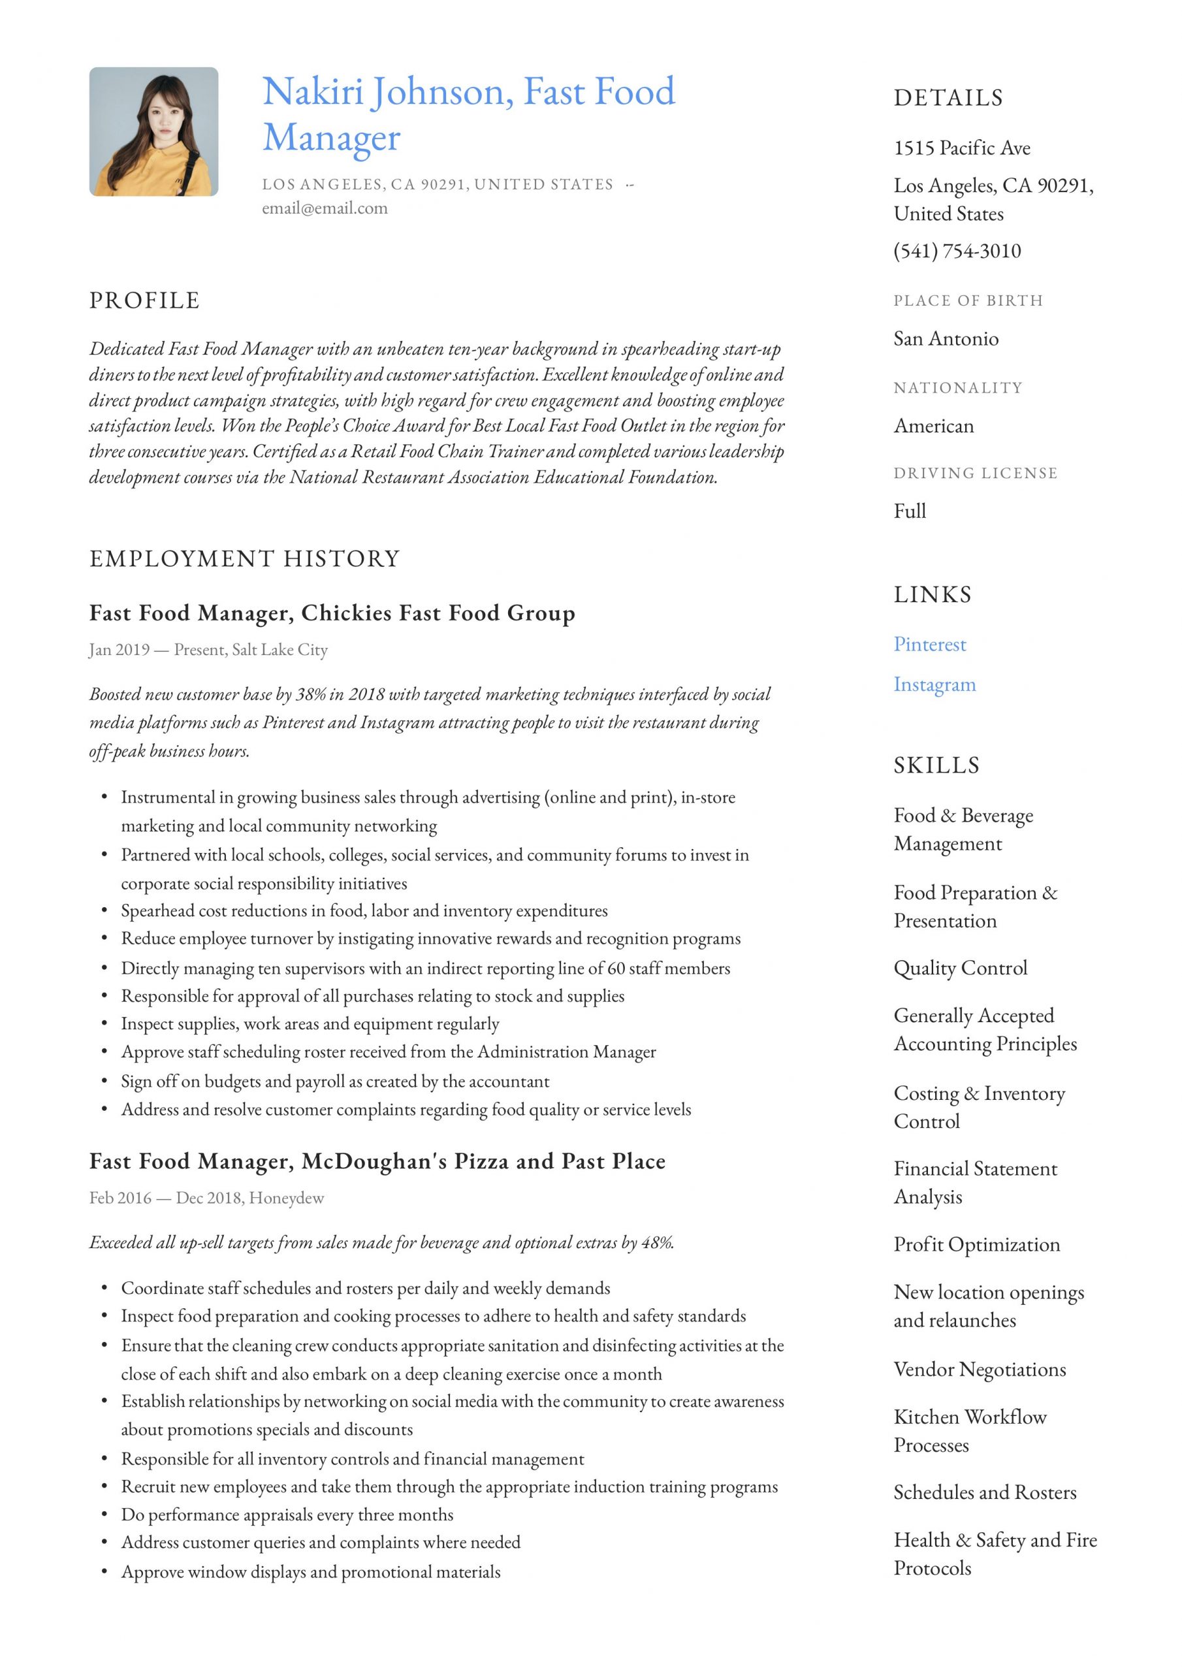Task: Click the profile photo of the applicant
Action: pos(153,132)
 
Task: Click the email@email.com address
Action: pos(325,208)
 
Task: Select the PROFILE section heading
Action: pos(144,300)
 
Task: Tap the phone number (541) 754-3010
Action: pos(957,251)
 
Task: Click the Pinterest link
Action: pos(929,645)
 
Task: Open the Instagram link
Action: pos(934,684)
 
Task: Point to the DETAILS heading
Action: pos(948,97)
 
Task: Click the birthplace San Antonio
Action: pos(946,338)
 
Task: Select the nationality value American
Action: pos(933,426)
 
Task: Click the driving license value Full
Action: pos(910,511)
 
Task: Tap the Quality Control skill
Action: pos(960,969)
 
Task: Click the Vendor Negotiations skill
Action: pos(979,1370)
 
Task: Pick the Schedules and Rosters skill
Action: pos(984,1493)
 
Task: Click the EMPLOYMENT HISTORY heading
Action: pos(245,558)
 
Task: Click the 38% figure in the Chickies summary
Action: pos(310,695)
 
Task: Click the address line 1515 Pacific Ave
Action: pos(961,148)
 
